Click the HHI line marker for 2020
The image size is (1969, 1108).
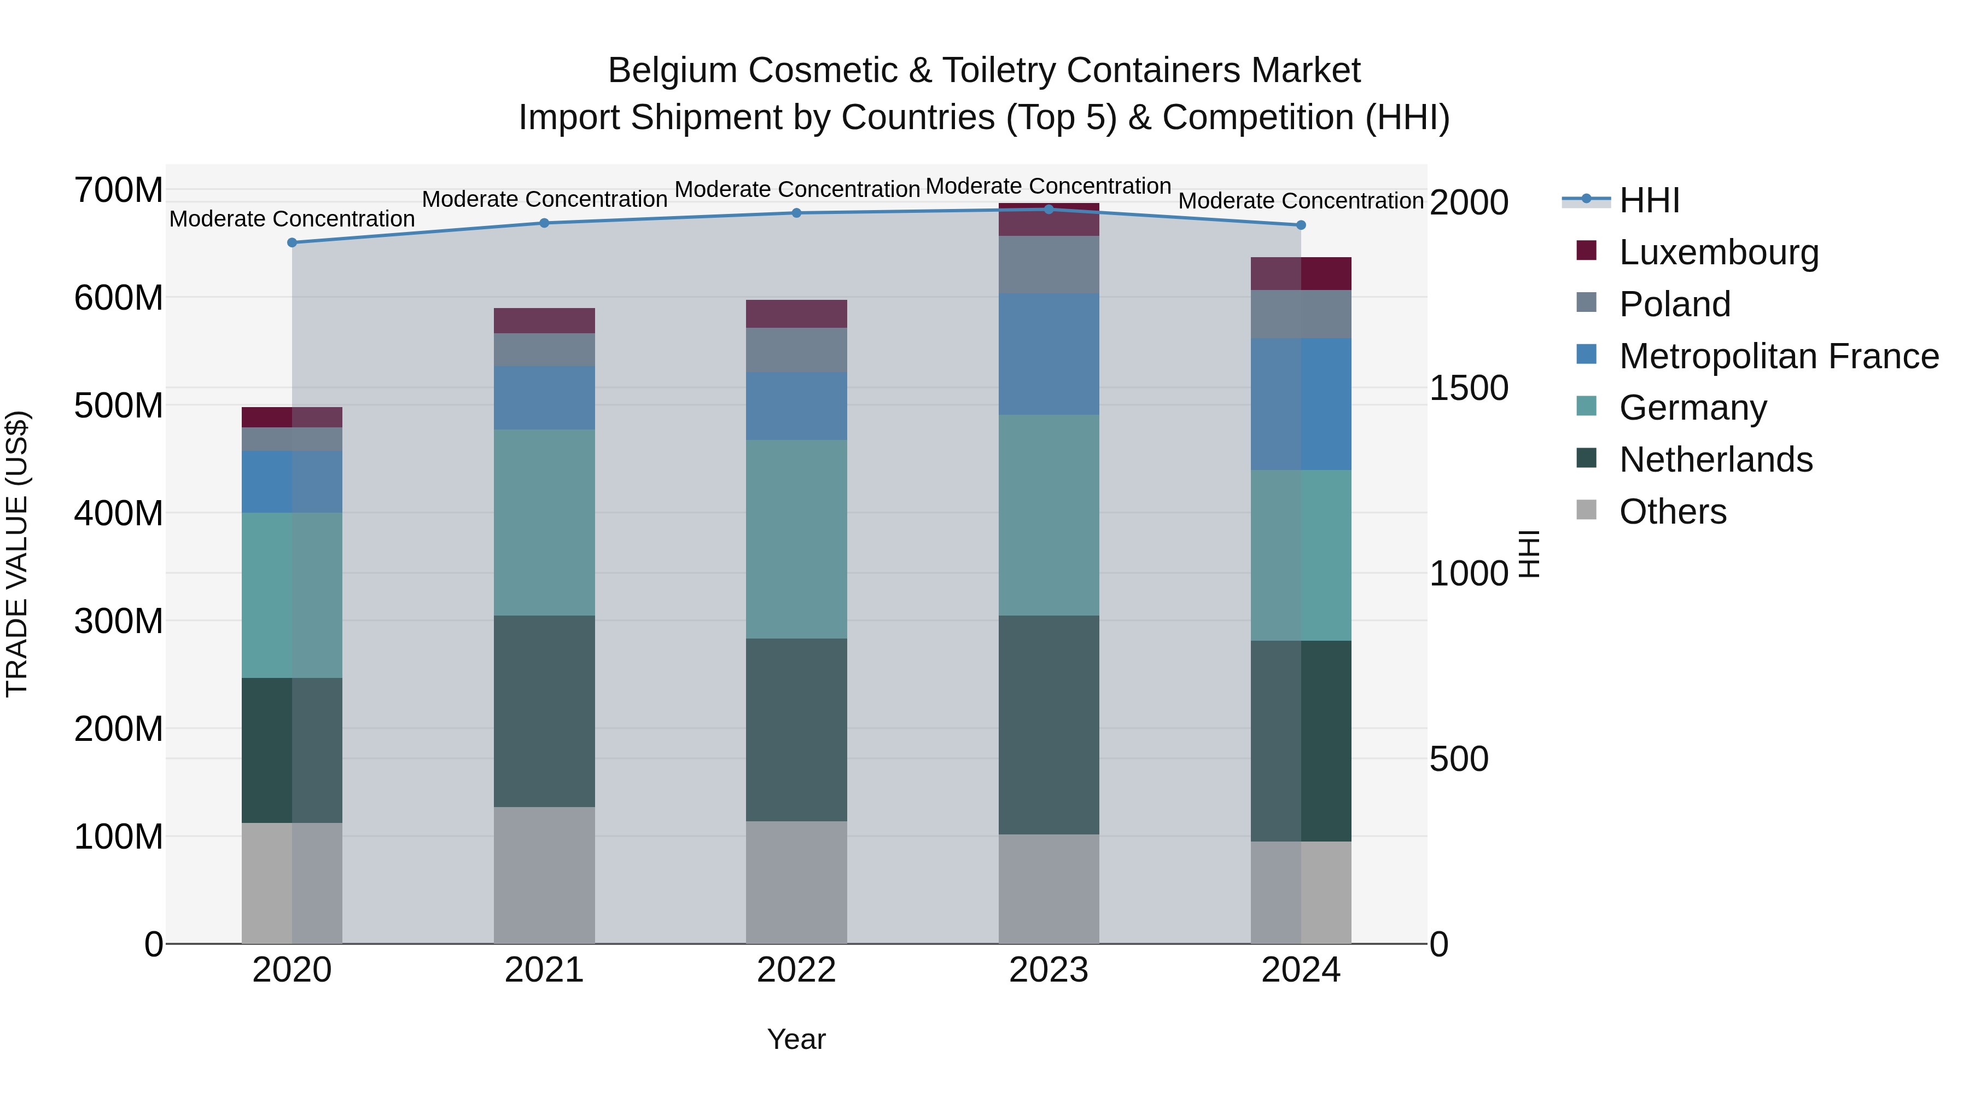coord(292,242)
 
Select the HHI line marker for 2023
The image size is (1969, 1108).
coord(1048,210)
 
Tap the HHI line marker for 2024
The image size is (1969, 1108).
coord(1301,225)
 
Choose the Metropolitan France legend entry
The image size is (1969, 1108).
coord(1778,356)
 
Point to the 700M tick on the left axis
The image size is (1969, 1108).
coord(119,190)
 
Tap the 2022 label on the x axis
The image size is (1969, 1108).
coord(796,970)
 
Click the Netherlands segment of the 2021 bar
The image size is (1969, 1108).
coord(544,711)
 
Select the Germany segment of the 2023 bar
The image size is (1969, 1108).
coord(1048,515)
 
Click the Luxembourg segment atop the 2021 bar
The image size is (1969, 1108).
coord(544,321)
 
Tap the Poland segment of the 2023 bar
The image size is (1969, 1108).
coord(1048,265)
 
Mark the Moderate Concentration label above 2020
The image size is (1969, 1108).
coord(292,219)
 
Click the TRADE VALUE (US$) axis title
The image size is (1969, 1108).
coord(17,554)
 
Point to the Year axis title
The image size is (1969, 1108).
coord(796,1039)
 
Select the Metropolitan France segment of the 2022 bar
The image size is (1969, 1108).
coord(796,406)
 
